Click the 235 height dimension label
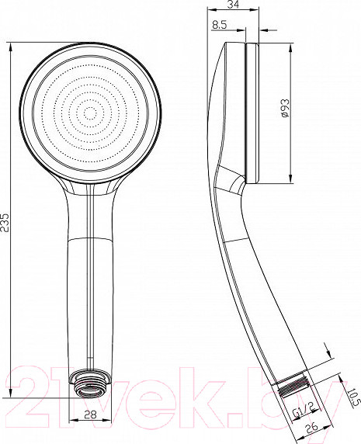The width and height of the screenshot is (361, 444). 5,222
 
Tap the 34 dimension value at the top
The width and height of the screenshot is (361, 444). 233,4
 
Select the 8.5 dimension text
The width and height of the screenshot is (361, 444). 220,25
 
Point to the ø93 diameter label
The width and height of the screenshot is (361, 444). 285,108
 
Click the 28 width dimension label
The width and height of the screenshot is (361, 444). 90,415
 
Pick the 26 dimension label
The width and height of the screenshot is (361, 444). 312,428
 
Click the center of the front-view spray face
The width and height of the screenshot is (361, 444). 91,114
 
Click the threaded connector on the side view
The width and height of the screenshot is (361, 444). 293,385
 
